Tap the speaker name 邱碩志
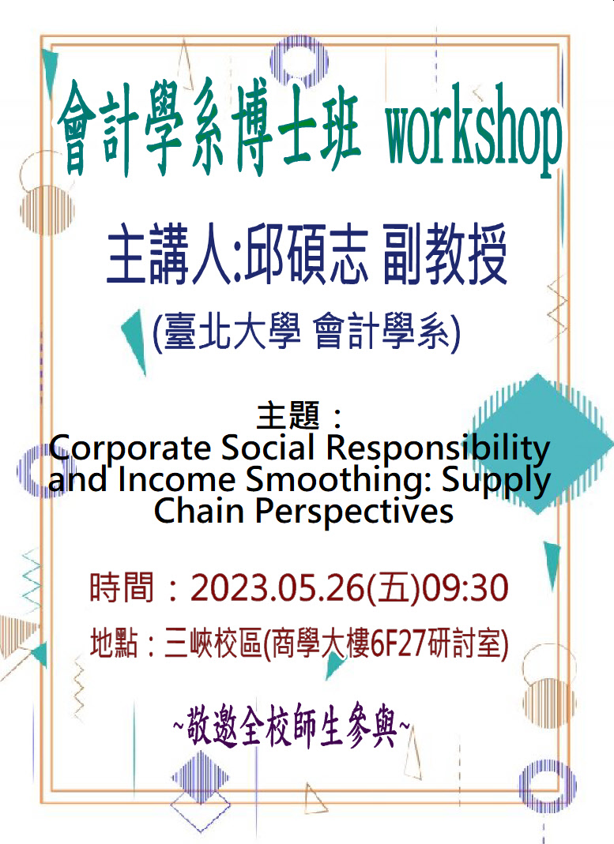click(x=307, y=253)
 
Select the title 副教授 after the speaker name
click(x=446, y=253)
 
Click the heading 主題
click(x=288, y=415)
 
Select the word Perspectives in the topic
click(x=354, y=512)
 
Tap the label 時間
click(x=122, y=587)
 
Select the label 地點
click(x=114, y=643)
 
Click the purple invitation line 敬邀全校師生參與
click(x=292, y=726)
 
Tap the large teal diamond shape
click(x=539, y=444)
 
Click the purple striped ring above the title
click(x=299, y=60)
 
